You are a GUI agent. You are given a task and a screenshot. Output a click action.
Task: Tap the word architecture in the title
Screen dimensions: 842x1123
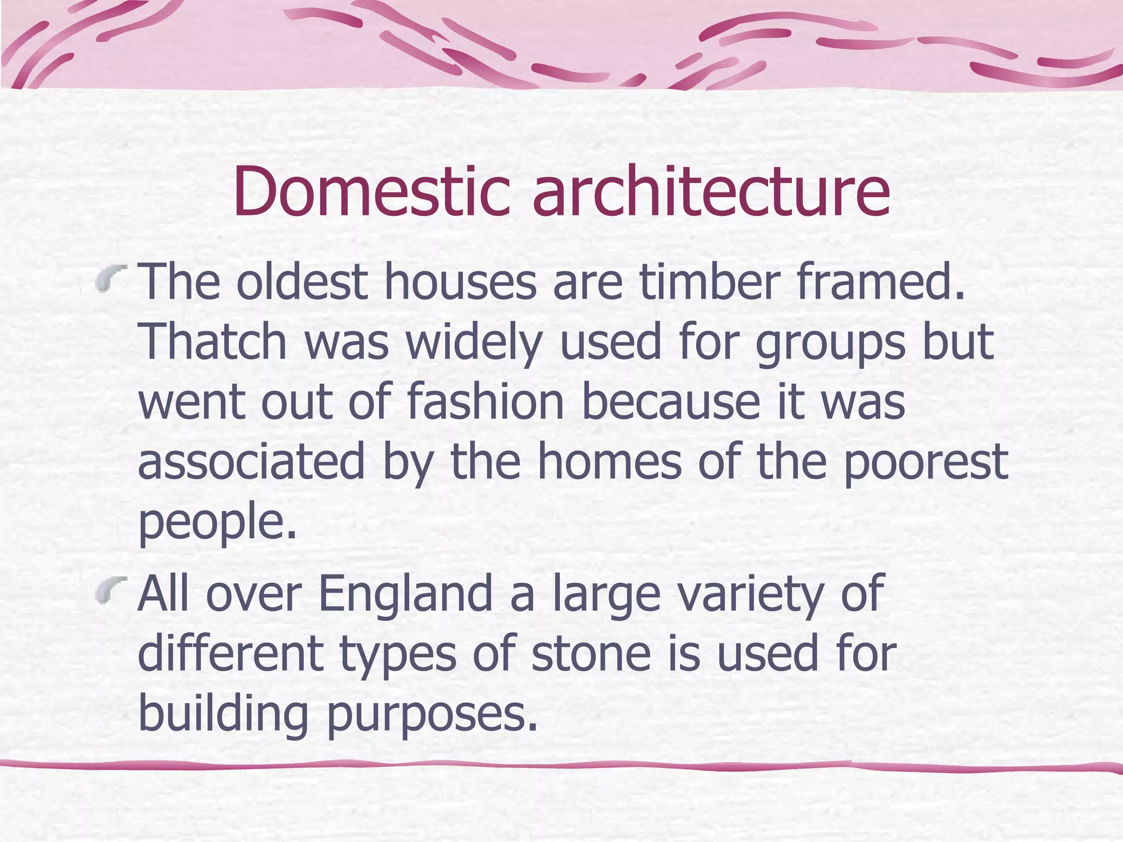tap(711, 192)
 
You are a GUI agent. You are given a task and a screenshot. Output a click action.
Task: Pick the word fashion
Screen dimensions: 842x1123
tap(486, 401)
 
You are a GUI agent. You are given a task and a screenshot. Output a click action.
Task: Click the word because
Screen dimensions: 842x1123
tap(670, 401)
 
